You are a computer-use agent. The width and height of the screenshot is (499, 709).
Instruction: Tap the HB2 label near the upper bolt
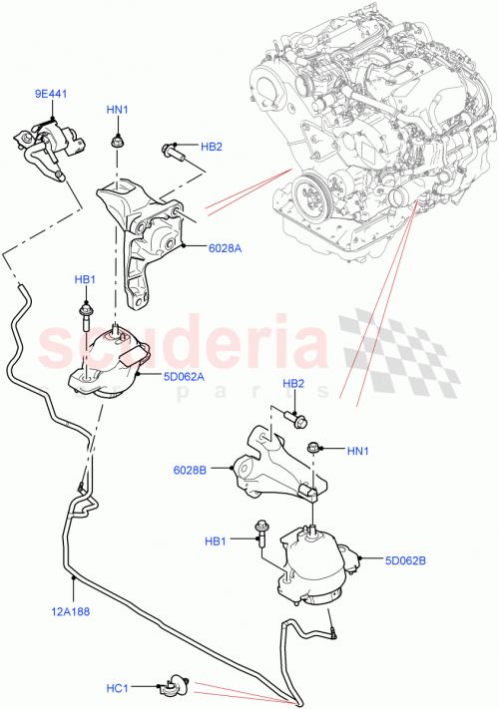212,148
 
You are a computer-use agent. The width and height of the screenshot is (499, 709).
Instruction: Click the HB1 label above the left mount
85,280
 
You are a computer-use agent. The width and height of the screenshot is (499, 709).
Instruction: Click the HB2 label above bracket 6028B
293,383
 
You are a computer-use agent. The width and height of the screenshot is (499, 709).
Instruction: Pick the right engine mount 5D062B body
314,566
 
